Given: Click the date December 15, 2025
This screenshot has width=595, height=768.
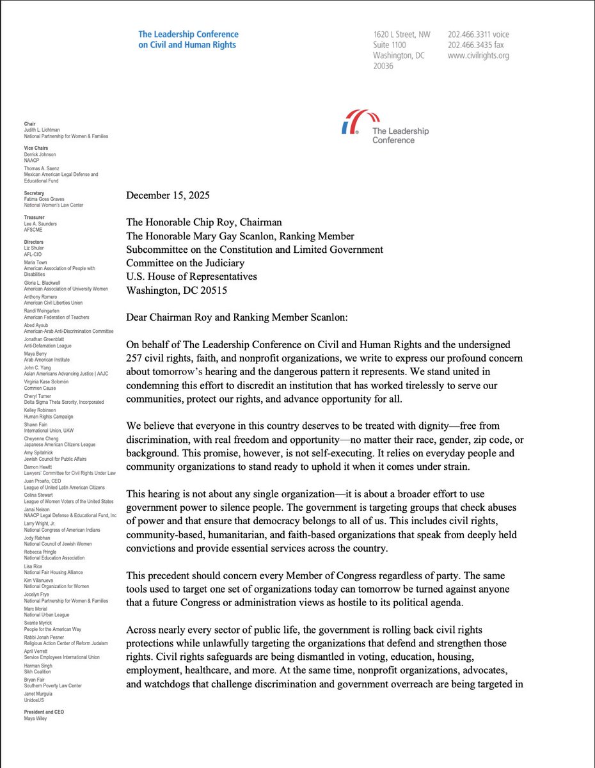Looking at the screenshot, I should click(x=167, y=195).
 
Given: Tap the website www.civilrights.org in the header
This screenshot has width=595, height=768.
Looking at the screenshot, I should click(x=478, y=56).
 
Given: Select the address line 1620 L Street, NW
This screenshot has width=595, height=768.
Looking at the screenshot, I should click(x=402, y=34).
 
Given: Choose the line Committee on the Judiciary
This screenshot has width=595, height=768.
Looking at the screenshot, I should click(x=191, y=263).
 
